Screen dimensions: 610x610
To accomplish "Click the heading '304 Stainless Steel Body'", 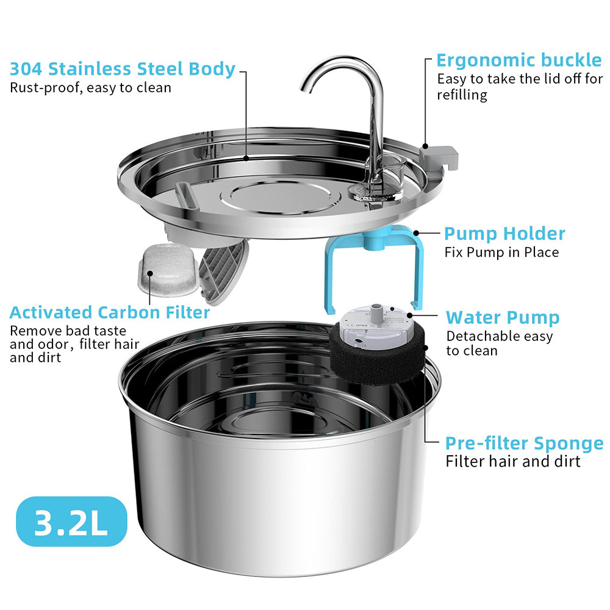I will coord(123,68).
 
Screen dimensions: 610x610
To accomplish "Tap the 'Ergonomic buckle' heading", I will coord(519,60).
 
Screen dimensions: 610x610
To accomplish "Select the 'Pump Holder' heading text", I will coord(504,234).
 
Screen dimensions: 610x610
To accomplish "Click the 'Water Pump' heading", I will coord(503,318).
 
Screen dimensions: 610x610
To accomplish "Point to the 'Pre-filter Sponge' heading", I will coord(524,443).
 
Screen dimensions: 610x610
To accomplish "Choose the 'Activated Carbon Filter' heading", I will coord(110,313).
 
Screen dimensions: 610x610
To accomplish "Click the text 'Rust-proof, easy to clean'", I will coord(90,87).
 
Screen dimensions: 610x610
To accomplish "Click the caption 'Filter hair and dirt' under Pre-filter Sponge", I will coord(513,461).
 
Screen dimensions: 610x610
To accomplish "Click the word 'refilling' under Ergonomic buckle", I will coord(462,95).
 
